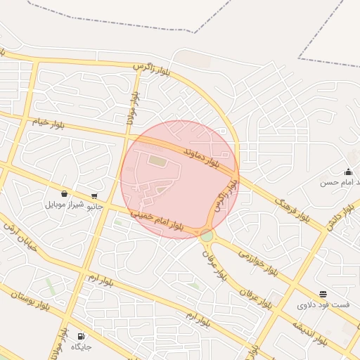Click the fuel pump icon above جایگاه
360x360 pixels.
(x=82, y=336)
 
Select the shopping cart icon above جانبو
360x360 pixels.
(x=94, y=196)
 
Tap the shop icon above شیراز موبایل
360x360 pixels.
(x=65, y=193)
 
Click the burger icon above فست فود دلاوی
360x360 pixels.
(x=323, y=294)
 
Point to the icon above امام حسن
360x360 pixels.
(x=348, y=172)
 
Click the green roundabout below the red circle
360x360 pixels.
(x=206, y=236)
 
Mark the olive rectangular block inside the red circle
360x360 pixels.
(x=157, y=162)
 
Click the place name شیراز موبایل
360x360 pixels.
(x=65, y=205)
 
